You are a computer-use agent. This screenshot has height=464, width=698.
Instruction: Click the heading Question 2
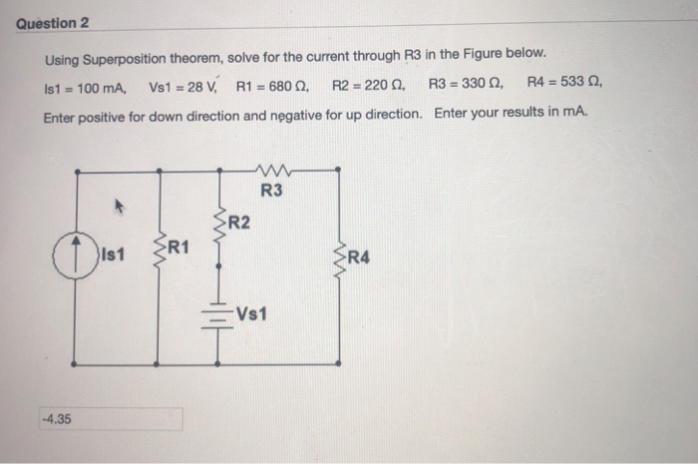click(53, 22)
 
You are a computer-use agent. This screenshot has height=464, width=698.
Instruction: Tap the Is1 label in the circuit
click(112, 255)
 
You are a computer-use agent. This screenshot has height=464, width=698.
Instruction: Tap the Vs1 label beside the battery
click(250, 315)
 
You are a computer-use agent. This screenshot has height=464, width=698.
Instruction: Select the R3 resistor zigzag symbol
click(271, 171)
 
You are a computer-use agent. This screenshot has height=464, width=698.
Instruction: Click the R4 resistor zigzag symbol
click(339, 257)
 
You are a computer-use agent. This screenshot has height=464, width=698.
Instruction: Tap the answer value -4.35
click(56, 418)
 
